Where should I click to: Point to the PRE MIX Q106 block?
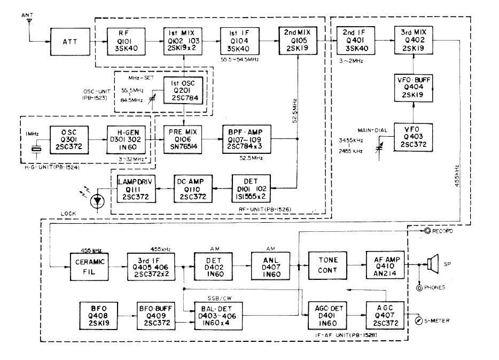pyautogui.click(x=183, y=139)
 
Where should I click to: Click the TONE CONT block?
pyautogui.click(x=327, y=265)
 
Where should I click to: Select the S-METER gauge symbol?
pyautogui.click(x=418, y=320)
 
